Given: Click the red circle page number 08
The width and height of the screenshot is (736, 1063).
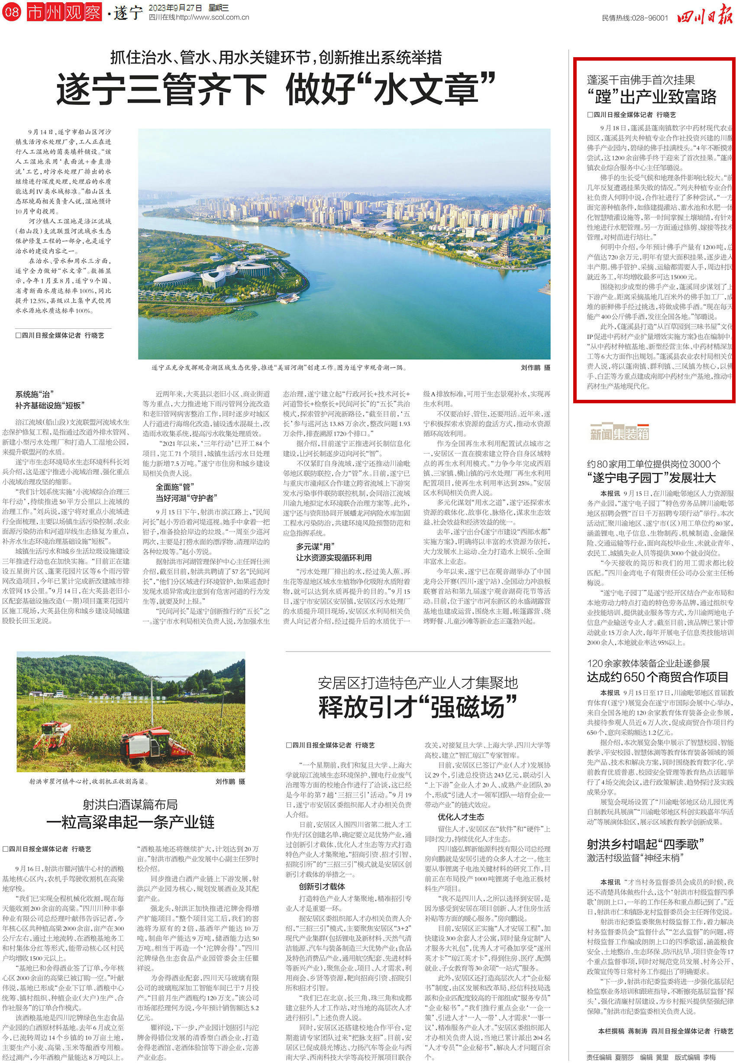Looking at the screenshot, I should pyautogui.click(x=12, y=12).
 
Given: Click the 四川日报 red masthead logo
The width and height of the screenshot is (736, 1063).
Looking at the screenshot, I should pyautogui.click(x=704, y=17).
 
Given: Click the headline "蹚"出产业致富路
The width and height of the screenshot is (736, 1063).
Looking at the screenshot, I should pyautogui.click(x=652, y=97).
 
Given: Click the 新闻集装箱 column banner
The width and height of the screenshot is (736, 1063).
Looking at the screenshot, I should pyautogui.click(x=620, y=434).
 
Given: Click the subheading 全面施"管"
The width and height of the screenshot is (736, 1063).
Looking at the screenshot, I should pyautogui.click(x=175, y=487).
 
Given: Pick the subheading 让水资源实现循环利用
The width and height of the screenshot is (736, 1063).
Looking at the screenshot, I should pyautogui.click(x=333, y=557).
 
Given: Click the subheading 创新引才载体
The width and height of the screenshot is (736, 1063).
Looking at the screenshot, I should pyautogui.click(x=321, y=886).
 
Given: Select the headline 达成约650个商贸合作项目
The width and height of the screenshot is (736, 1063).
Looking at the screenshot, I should pyautogui.click(x=657, y=677).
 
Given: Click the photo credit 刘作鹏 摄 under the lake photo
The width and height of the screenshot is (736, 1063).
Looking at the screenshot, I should pyautogui.click(x=535, y=368).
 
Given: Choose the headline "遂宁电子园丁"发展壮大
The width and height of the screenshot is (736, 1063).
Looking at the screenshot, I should pyautogui.click(x=651, y=477).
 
